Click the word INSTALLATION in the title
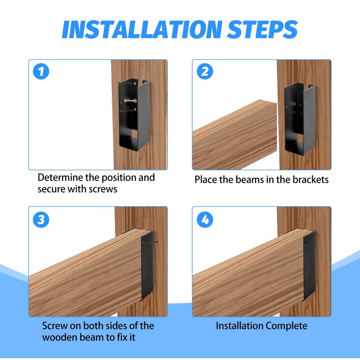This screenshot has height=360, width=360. click(x=142, y=29)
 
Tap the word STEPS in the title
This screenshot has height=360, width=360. click(x=262, y=29)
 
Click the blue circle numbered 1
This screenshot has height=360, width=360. click(x=41, y=72)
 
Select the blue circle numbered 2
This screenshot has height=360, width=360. click(x=205, y=72)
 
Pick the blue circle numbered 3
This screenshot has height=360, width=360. click(x=41, y=220)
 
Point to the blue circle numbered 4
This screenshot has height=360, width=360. click(x=205, y=220)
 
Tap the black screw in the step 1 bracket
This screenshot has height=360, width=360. click(x=128, y=110)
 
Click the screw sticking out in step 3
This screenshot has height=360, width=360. click(x=150, y=242)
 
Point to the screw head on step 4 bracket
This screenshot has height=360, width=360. click(x=306, y=242)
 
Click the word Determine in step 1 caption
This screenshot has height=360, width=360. click(x=60, y=177)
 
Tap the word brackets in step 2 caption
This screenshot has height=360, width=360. click(x=310, y=180)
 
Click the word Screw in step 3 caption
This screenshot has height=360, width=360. click(x=55, y=326)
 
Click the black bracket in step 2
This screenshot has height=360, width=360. click(x=300, y=119)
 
